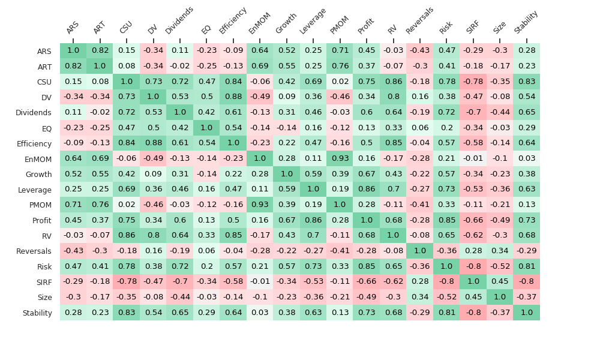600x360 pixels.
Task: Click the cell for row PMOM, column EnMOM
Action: (x=260, y=205)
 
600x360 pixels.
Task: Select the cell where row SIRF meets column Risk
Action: (x=446, y=281)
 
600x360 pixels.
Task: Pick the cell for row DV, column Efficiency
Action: (x=233, y=97)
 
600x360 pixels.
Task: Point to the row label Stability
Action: (x=37, y=313)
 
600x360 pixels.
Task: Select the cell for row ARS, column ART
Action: (x=100, y=51)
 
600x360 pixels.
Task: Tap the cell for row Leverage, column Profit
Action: (x=367, y=190)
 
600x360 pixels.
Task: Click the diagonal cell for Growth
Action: (x=287, y=174)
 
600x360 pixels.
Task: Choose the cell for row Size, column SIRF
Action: (x=473, y=297)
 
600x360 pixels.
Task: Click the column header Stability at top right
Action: (x=526, y=23)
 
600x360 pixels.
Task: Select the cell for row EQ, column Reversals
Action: (x=420, y=128)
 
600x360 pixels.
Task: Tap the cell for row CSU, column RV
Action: (x=393, y=82)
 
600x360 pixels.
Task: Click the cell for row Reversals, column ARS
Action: (x=73, y=251)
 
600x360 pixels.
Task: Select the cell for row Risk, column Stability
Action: (x=527, y=266)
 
